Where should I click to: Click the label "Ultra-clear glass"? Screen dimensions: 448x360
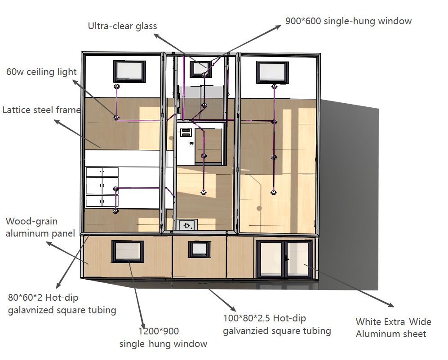coord(122,26)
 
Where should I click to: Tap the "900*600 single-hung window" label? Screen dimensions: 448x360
coord(348,21)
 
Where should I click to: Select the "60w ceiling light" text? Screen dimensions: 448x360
coord(41,72)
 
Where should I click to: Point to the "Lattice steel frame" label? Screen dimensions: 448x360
coord(41,110)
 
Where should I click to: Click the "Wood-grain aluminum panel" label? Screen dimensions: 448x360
coord(40,227)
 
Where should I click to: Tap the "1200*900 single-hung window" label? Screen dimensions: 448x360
coord(163,338)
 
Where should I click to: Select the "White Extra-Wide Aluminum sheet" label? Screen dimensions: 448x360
coord(394,328)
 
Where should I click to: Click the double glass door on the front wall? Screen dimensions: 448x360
coord(284,259)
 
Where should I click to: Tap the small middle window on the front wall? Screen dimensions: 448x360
coord(199,249)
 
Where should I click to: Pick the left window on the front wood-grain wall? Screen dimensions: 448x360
coord(128,251)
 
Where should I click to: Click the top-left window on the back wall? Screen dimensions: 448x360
coord(129,71)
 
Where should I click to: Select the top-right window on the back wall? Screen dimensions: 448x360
coord(272,72)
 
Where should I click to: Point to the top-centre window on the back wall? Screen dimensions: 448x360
coord(201,69)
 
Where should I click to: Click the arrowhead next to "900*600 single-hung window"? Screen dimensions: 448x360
coord(277,27)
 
